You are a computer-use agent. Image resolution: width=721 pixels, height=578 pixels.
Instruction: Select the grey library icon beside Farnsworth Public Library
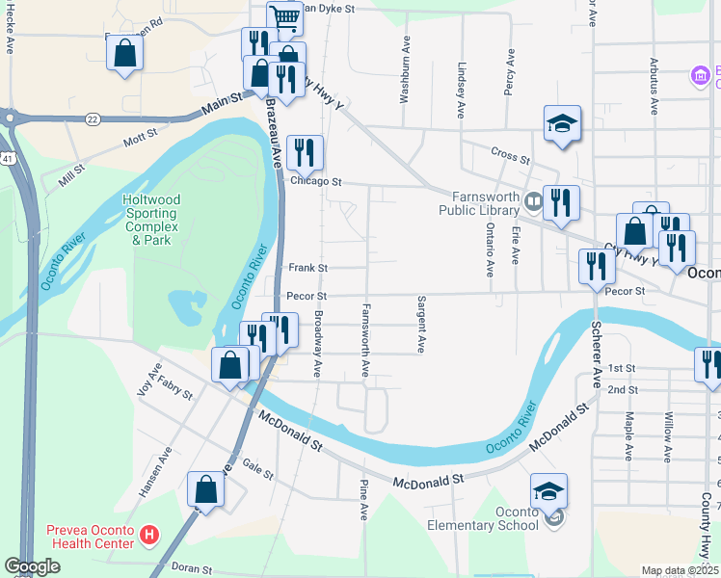(x=532, y=202)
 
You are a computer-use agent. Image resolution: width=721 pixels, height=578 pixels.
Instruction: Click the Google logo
(x=32, y=566)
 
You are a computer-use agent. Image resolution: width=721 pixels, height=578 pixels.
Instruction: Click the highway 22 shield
(x=92, y=118)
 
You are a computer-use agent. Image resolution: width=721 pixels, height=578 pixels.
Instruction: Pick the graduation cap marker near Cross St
(x=562, y=124)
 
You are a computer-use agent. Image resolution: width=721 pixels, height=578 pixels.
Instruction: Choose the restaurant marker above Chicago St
(x=304, y=153)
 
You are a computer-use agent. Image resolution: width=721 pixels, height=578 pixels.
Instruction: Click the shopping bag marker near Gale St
(x=205, y=489)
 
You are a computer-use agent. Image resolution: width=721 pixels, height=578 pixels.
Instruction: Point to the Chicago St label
(x=316, y=181)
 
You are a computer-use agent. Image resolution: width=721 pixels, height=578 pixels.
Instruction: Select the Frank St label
(x=308, y=268)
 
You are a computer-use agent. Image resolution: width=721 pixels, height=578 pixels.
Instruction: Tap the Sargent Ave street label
(x=421, y=325)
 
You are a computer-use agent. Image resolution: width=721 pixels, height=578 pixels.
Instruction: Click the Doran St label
(x=193, y=568)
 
